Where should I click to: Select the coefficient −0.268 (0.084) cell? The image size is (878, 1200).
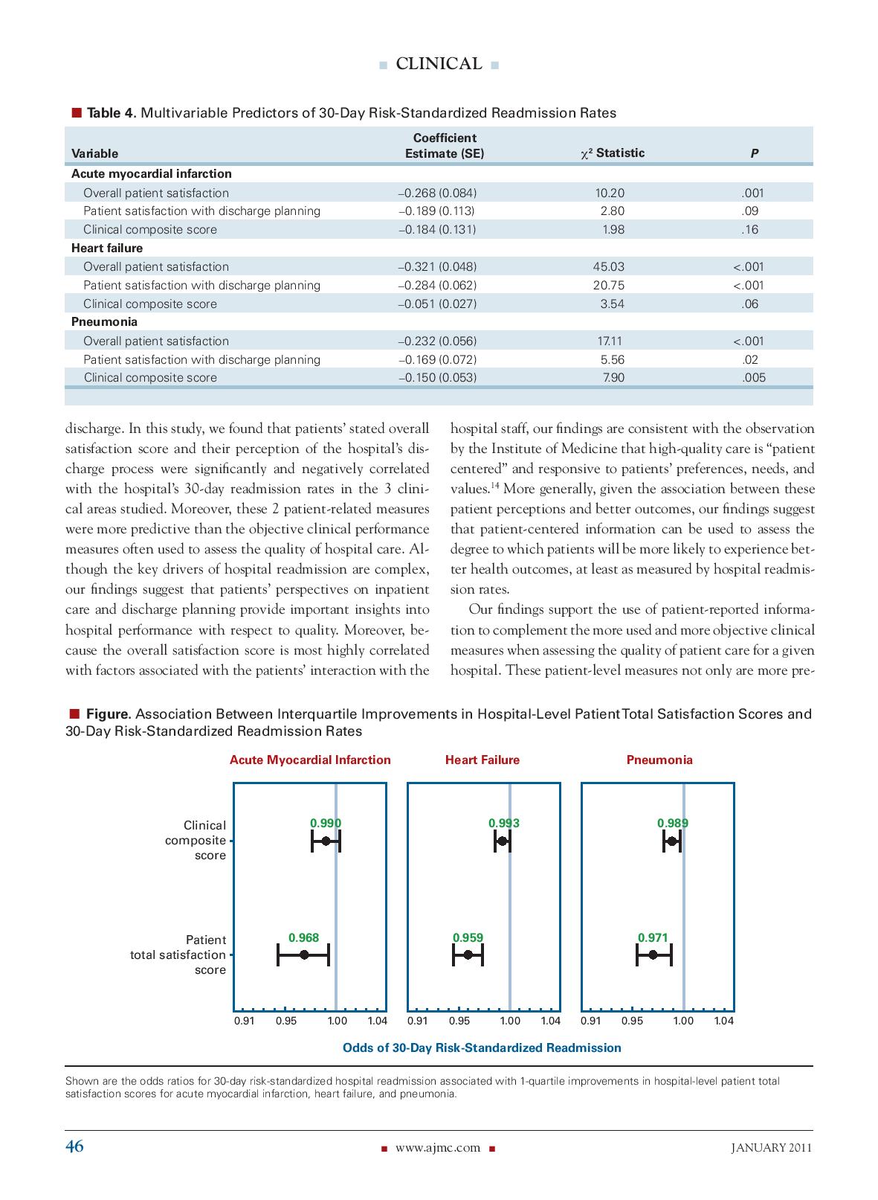click(437, 193)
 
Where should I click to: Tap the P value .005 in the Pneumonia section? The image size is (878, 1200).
click(752, 377)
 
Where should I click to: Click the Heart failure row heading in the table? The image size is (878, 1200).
click(107, 248)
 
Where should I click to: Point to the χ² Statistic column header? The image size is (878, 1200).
click(612, 153)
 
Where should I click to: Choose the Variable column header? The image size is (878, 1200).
click(94, 154)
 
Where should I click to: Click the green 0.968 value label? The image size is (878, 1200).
click(303, 937)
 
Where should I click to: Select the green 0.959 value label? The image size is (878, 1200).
click(468, 937)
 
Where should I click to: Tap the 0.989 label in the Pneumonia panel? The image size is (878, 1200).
click(672, 823)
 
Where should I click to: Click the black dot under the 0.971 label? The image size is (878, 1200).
click(653, 954)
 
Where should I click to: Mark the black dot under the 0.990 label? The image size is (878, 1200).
click(326, 841)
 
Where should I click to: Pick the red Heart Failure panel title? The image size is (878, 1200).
click(482, 760)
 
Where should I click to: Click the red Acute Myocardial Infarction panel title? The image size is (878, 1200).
click(310, 760)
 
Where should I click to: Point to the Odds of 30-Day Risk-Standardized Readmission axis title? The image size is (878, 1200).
click(481, 1047)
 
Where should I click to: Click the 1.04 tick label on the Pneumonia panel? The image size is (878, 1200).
click(723, 1021)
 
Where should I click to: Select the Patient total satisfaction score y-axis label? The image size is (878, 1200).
click(178, 954)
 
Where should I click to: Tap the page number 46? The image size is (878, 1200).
click(74, 1146)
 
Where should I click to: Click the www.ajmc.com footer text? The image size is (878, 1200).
click(438, 1147)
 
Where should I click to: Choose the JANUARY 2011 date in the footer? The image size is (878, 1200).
click(771, 1147)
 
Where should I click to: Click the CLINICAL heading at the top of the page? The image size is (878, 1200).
click(439, 64)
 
